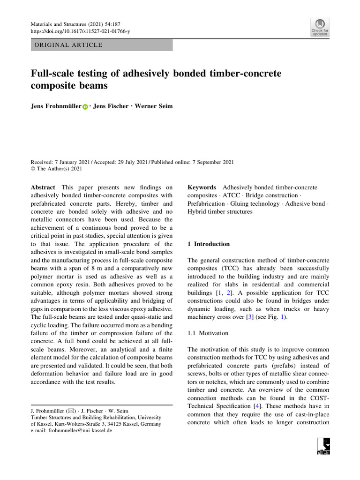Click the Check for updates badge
320,28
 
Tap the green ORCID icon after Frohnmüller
85,107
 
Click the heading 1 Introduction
209,244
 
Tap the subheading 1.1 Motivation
208,333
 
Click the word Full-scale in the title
52,74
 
